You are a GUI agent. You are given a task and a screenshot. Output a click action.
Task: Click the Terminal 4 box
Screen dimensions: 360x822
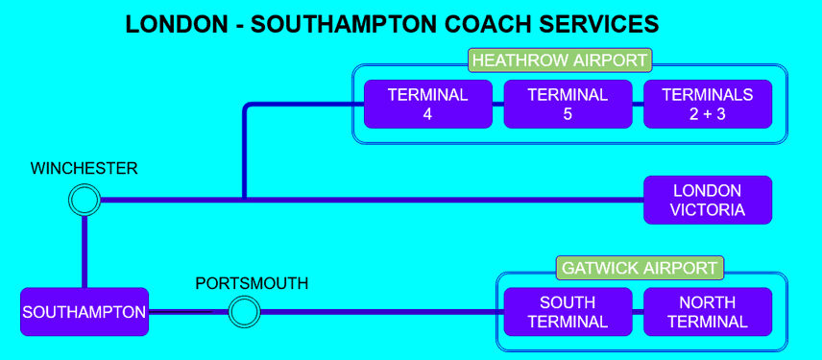coord(427,105)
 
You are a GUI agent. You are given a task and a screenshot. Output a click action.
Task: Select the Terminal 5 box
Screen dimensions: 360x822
coord(568,105)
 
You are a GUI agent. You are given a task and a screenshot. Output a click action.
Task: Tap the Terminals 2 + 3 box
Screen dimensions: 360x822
coord(708,105)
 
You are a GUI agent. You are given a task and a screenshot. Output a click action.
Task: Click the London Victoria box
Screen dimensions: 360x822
coord(708,201)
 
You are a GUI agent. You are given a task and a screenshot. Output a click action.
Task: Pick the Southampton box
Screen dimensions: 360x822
coord(85,312)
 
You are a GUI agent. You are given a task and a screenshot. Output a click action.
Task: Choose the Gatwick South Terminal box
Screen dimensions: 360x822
coord(568,312)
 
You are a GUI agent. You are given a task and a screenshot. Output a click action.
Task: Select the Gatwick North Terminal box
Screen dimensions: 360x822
coord(708,312)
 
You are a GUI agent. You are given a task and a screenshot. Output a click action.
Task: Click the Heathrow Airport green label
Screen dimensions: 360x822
coord(561,60)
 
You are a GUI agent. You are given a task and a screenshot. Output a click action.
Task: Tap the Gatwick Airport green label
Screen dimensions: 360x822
coord(641,268)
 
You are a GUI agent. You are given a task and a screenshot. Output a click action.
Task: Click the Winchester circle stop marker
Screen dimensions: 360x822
coord(85,201)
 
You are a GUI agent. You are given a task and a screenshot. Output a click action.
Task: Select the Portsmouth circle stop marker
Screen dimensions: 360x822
coord(244,312)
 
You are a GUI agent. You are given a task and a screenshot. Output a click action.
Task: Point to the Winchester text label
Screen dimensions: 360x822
coord(85,169)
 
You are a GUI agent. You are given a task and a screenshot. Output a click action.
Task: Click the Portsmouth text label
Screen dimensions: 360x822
coord(252,283)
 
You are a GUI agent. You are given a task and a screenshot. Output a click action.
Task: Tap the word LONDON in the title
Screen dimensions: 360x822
coord(175,24)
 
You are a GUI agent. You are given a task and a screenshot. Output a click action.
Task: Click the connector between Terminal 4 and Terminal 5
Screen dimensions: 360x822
coord(497,105)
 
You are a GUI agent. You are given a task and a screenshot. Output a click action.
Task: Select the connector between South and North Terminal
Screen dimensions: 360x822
coord(638,312)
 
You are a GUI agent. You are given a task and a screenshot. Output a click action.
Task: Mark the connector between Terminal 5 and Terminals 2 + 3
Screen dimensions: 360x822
coord(638,105)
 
